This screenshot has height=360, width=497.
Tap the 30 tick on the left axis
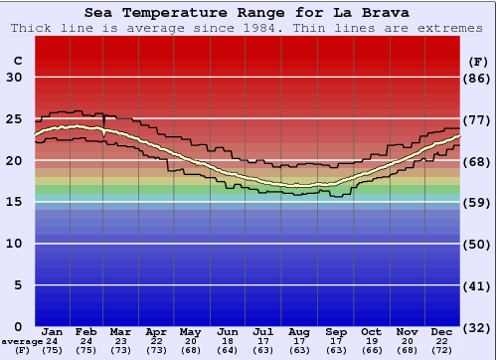(x=14, y=78)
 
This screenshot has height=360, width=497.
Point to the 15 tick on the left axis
(x=14, y=202)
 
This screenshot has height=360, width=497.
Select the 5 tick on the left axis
(x=17, y=285)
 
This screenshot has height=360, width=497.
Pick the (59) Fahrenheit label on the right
(x=478, y=202)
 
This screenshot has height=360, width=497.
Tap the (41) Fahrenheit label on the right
(x=478, y=285)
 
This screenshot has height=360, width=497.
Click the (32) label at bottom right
(x=478, y=327)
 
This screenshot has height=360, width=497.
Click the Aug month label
(x=300, y=331)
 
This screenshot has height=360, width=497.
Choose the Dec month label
(x=442, y=331)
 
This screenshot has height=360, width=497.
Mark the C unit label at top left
(x=16, y=61)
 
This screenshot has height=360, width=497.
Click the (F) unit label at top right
(x=478, y=61)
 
